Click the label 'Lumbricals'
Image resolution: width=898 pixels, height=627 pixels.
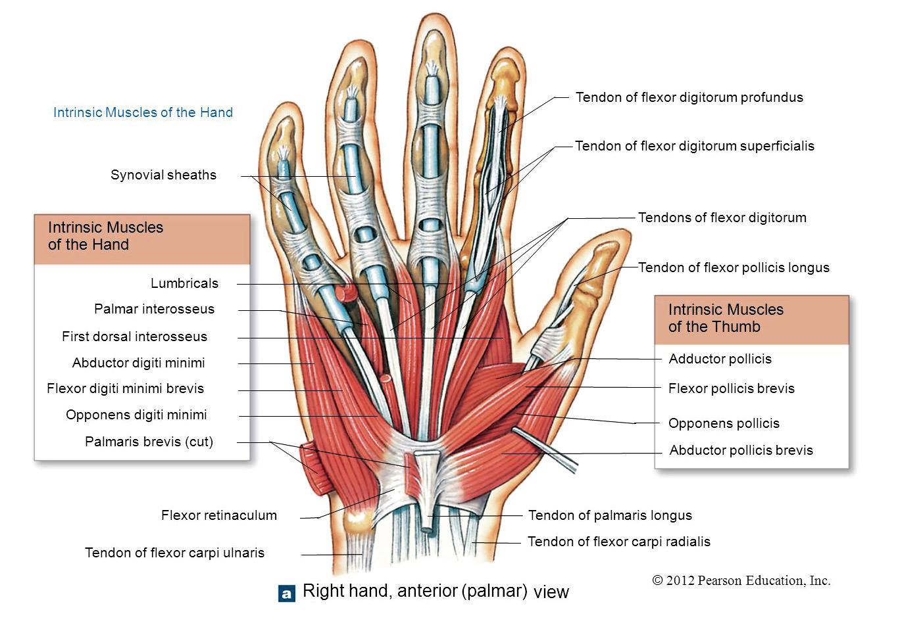click(184, 283)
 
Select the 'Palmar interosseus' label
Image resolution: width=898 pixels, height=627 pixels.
click(155, 309)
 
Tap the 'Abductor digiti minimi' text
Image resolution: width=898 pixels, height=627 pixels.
click(138, 363)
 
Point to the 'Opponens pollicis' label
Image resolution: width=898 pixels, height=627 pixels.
click(724, 423)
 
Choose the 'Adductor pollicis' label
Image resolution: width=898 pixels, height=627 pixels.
click(720, 359)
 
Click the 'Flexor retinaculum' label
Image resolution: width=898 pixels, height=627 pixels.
click(219, 515)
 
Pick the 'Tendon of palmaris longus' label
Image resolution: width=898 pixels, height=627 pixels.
click(610, 515)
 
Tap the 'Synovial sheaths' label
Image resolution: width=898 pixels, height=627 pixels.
click(163, 175)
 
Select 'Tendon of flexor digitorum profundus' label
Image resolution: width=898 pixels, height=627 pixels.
click(689, 97)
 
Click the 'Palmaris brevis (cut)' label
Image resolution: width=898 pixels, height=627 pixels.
click(149, 442)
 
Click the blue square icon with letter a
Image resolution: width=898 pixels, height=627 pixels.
click(287, 593)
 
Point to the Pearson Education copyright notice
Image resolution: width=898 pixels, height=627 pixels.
click(741, 580)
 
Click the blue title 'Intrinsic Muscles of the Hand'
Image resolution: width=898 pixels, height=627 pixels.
click(143, 112)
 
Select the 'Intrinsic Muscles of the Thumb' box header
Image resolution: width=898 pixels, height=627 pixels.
click(751, 319)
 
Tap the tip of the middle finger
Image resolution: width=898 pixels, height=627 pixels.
click(435, 14)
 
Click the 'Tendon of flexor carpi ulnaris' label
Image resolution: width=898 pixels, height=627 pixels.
click(174, 553)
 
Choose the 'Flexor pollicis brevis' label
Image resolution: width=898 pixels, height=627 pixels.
click(732, 388)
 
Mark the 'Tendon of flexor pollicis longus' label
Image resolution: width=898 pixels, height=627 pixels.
click(734, 267)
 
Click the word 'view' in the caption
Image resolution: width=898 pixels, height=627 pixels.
click(551, 592)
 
